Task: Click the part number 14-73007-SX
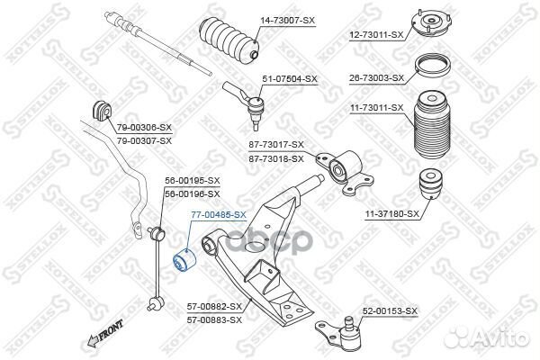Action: click(x=287, y=21)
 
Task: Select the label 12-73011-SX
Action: click(x=376, y=35)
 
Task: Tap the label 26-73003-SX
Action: click(x=377, y=78)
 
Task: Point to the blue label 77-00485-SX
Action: click(x=219, y=215)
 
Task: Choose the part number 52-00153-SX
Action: click(x=390, y=311)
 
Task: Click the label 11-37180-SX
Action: click(x=391, y=214)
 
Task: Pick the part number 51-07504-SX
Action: click(x=290, y=79)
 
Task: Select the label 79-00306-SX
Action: click(x=144, y=128)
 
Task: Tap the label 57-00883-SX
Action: click(x=214, y=320)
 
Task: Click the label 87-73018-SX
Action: click(x=276, y=158)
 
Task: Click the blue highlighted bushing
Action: click(x=184, y=262)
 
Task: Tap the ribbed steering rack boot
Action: click(x=229, y=40)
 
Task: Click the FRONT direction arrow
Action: click(x=105, y=333)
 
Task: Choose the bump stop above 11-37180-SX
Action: click(x=430, y=183)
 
